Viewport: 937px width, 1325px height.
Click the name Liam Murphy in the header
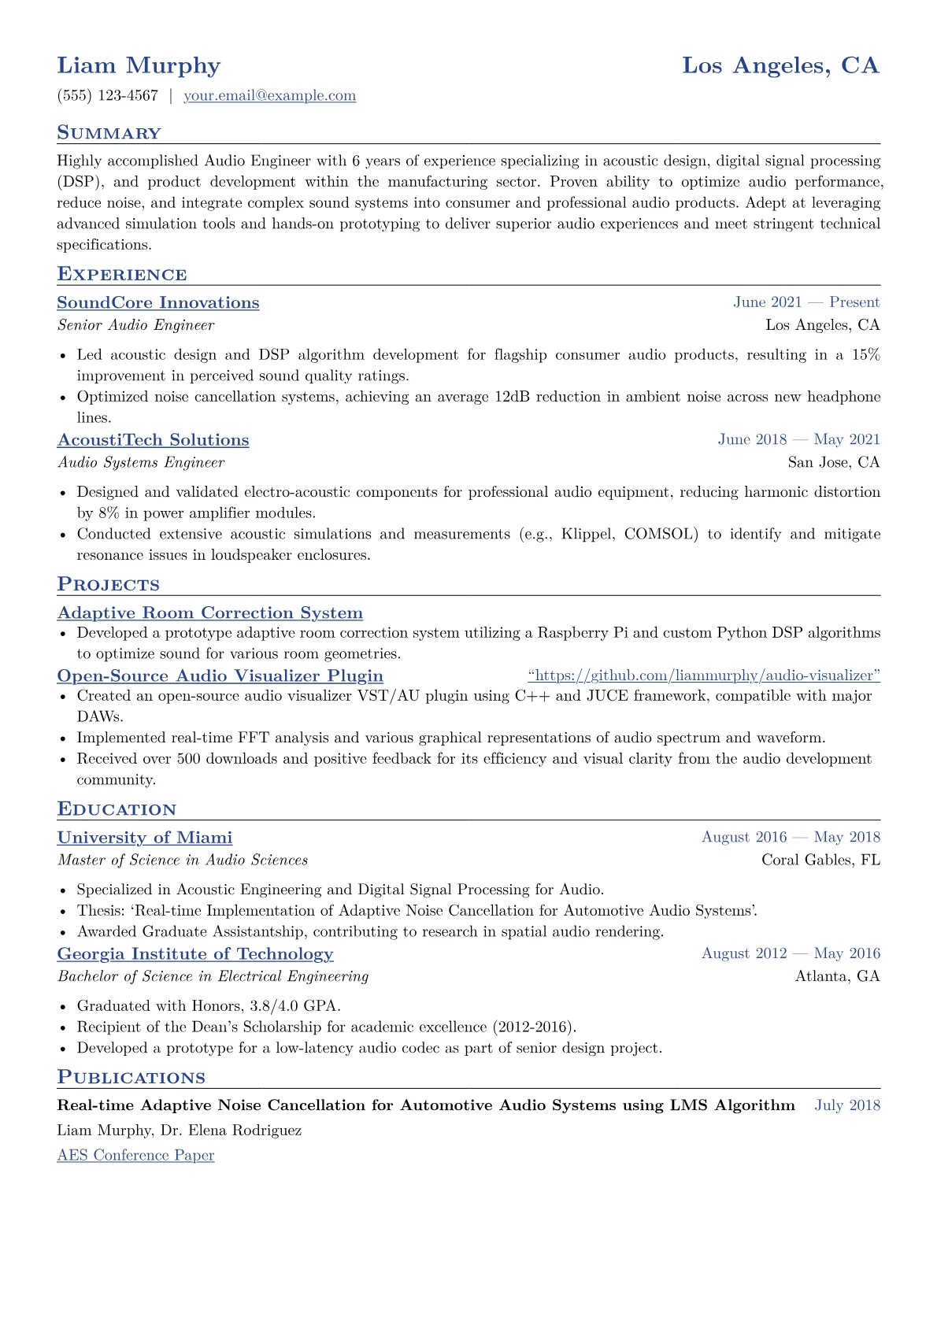139,65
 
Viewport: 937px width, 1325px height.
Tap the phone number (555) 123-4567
108,96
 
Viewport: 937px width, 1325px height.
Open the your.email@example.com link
269,96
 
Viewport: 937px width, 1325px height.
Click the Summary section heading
109,133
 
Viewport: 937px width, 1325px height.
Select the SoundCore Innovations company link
158,303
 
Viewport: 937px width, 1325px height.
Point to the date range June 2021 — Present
806,302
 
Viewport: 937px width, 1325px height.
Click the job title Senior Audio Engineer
135,325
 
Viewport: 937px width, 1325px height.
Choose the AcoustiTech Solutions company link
153,440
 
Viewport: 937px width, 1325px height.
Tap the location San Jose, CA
833,462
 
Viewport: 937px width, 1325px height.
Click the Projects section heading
109,585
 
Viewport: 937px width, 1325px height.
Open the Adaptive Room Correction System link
210,613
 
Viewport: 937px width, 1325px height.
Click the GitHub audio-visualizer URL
704,675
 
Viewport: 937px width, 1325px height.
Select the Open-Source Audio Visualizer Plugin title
220,676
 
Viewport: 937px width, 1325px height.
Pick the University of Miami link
145,838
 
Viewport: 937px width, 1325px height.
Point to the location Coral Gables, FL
820,860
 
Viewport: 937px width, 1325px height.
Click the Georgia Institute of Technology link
195,954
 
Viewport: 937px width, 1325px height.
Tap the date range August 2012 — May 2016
791,953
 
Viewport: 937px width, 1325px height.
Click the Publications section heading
131,1078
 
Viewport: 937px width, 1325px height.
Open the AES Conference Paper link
135,1155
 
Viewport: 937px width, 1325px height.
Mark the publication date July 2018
847,1105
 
